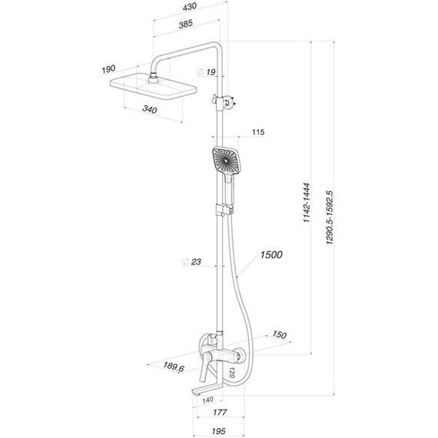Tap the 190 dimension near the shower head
108,70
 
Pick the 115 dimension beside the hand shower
257,133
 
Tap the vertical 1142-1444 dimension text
306,203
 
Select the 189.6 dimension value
173,368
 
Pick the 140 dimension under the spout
207,400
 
